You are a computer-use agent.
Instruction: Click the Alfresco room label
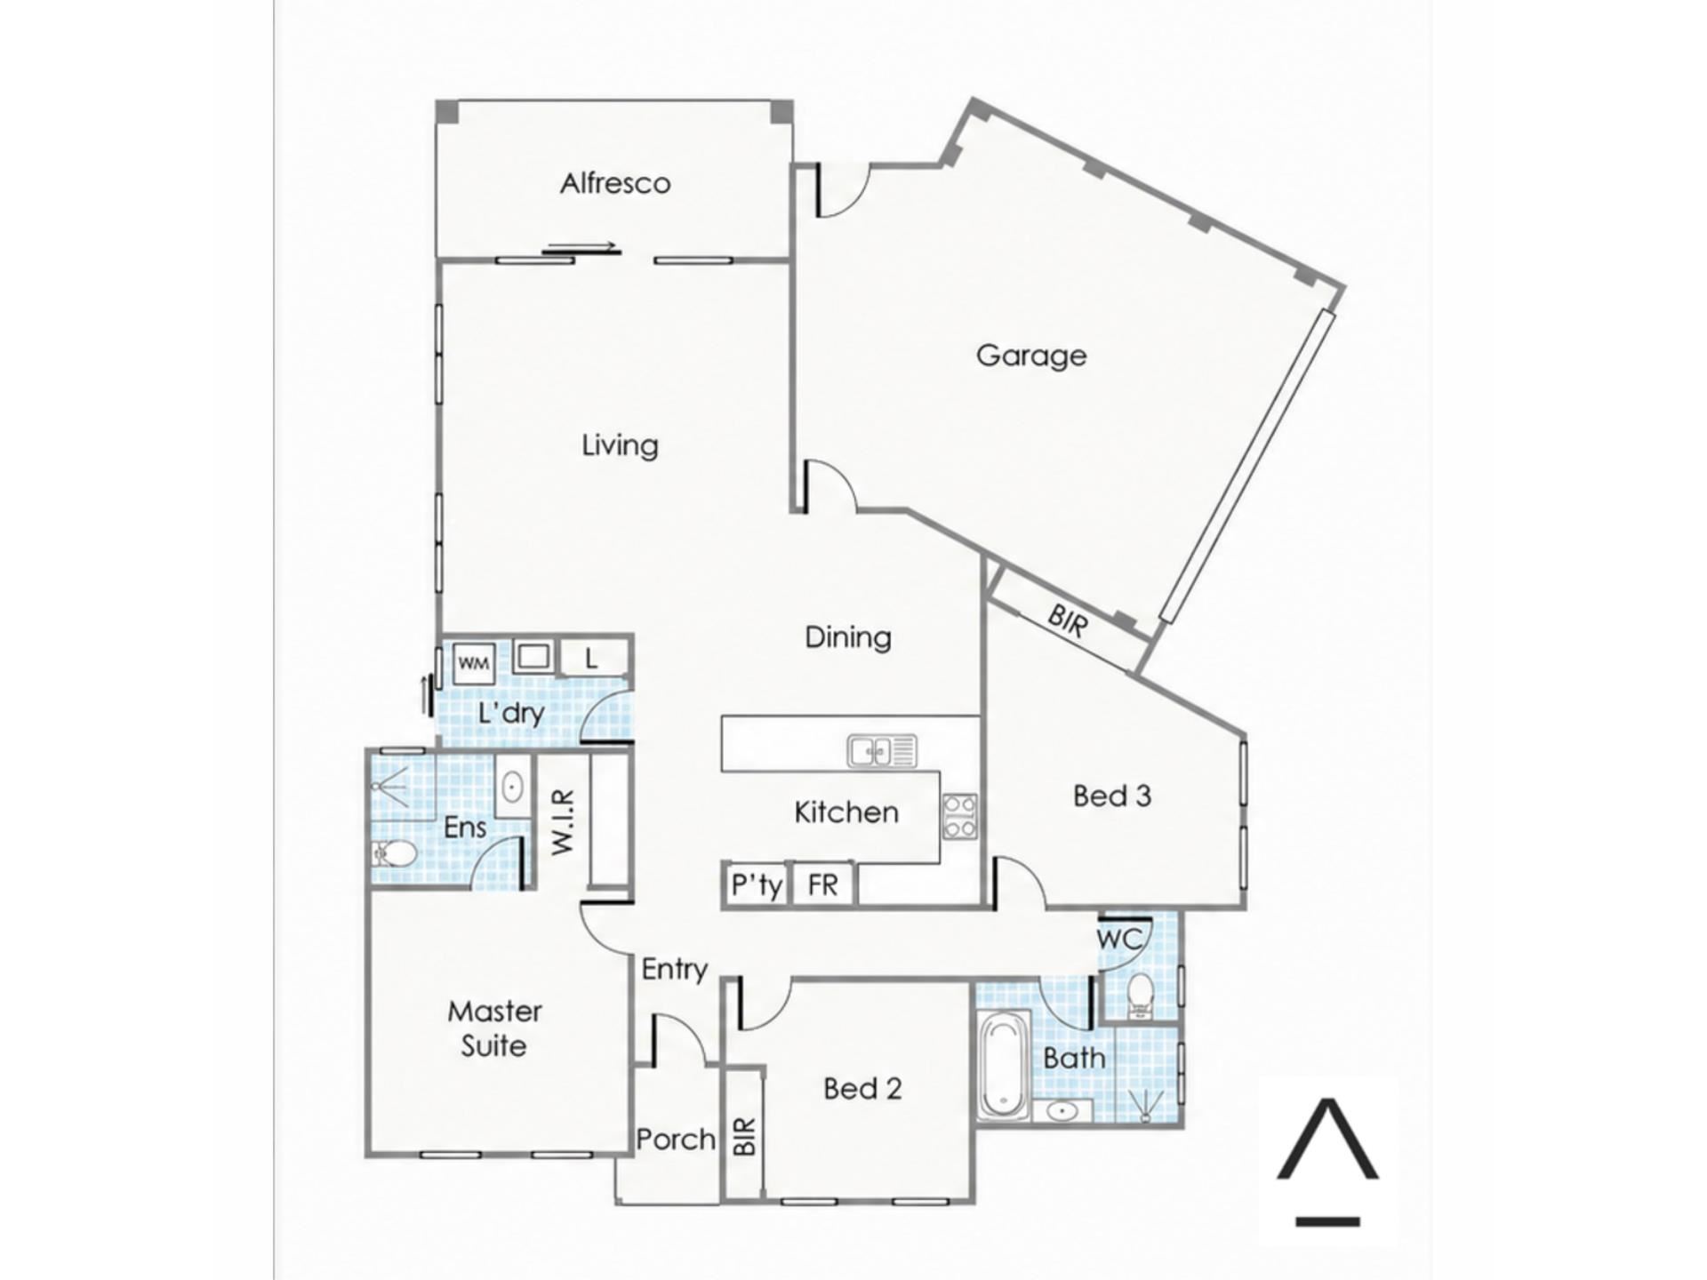pos(614,183)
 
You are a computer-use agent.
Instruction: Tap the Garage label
pos(1030,356)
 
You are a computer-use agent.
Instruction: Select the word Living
pos(620,444)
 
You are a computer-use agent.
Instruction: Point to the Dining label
pos(847,637)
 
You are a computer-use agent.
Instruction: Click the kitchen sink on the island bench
pos(881,750)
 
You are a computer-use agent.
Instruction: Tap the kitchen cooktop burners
pos(959,816)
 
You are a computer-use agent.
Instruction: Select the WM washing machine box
pos(473,663)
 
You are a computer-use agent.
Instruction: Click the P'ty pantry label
pos(757,885)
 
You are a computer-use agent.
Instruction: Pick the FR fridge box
pos(822,884)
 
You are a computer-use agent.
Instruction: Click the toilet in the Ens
pos(394,854)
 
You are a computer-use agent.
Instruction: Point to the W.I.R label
pos(564,822)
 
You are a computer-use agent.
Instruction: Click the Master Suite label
pos(494,1028)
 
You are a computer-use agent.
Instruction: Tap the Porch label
pos(676,1139)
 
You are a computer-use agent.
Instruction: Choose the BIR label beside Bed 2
pos(745,1136)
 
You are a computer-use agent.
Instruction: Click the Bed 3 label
pos(1112,796)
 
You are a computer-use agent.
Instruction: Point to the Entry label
pos(675,970)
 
